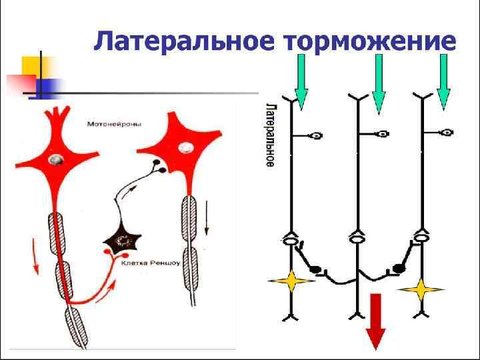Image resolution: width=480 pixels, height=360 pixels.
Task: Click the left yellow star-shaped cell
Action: [291, 281]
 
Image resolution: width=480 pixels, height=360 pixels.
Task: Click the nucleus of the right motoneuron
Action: [189, 147]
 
